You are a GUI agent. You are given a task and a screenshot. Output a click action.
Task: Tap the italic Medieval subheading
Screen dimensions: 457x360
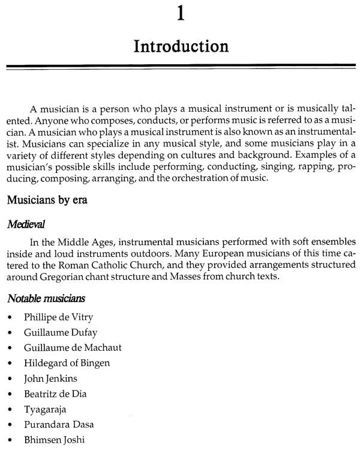click(27, 224)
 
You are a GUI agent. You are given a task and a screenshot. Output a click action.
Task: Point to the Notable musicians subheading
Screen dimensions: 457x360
click(46, 297)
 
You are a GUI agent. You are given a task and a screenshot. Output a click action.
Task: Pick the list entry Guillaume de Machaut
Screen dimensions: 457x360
click(64, 348)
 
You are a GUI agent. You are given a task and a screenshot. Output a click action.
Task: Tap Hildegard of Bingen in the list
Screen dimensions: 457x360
click(63, 363)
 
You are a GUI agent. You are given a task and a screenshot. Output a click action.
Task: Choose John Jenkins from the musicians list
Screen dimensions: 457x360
click(51, 378)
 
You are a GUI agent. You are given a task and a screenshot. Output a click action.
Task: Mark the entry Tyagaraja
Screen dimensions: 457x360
click(45, 409)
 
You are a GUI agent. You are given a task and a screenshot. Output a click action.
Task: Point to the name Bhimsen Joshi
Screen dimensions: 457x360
click(54, 440)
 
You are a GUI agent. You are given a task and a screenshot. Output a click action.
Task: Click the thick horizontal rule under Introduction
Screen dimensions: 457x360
click(181, 67)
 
